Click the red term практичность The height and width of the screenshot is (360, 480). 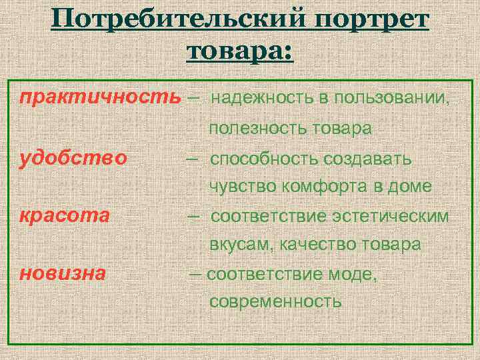[100, 97]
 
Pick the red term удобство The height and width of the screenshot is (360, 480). [73, 159]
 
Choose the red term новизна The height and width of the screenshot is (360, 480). [63, 273]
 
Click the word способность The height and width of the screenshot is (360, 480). [265, 159]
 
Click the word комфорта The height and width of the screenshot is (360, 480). [321, 187]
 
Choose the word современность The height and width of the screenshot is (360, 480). [275, 301]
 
